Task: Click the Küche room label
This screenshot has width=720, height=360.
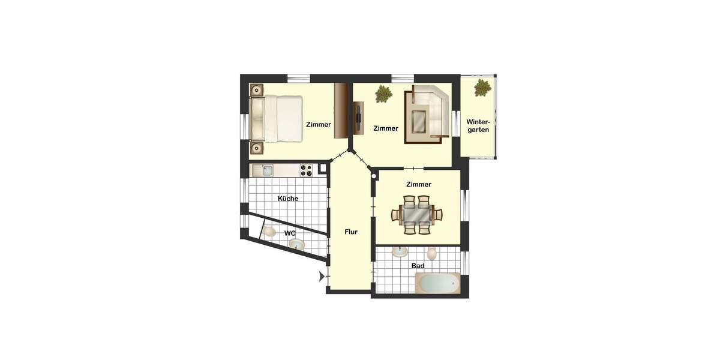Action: (x=288, y=199)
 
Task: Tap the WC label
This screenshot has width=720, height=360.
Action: (x=290, y=233)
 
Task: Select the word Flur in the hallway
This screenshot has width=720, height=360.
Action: (x=351, y=232)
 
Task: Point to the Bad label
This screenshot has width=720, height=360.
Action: (x=418, y=265)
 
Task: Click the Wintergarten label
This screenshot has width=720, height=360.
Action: (x=478, y=125)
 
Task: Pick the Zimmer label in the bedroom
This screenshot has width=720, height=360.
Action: (x=318, y=125)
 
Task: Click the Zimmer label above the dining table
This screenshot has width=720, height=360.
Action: (x=418, y=184)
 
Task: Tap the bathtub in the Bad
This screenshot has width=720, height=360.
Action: (x=437, y=283)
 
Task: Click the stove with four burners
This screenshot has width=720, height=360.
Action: (x=307, y=170)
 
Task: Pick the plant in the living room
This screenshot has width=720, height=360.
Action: (x=383, y=94)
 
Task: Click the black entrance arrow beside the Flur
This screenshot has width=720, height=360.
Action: (x=322, y=277)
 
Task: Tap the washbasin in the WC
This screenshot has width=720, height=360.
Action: (x=296, y=244)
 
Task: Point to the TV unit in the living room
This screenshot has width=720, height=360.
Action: (x=359, y=118)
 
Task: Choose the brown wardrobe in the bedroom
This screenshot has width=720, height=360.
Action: (x=342, y=110)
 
